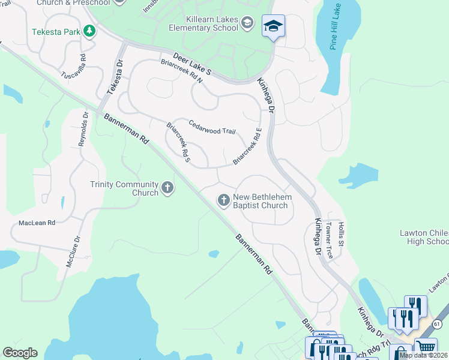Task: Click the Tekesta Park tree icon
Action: pos(89,31)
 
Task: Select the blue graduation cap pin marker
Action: pos(273,26)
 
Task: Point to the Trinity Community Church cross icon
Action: pos(167,188)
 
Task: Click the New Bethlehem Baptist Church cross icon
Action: pos(224,200)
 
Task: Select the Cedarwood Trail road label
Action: pos(212,127)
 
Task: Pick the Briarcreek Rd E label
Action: pos(248,146)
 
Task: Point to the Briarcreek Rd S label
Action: pos(178,142)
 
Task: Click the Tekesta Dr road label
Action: pos(115,77)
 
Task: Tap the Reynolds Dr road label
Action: pos(83,130)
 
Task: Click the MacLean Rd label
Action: pos(37,223)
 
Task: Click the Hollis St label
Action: pos(340,233)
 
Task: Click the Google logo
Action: pos(20,353)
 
